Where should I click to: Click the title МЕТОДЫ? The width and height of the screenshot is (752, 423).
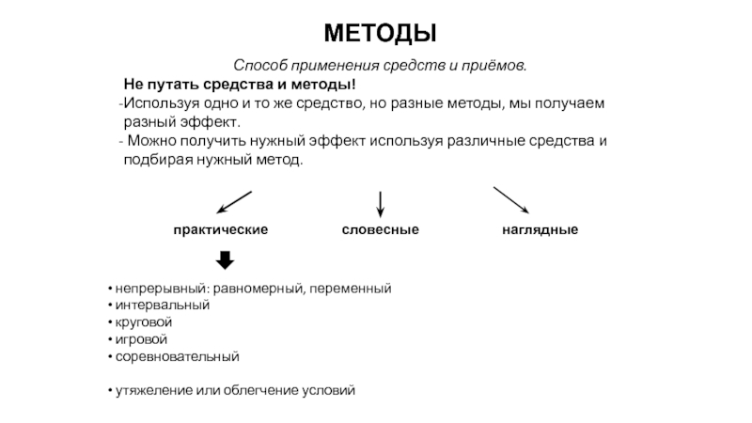[x=380, y=34]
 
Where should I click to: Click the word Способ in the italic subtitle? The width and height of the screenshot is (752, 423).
[x=260, y=65]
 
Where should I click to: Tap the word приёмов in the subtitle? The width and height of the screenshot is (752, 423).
[x=494, y=65]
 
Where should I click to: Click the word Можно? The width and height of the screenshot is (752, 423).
[x=149, y=141]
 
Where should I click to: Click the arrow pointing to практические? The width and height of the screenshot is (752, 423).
[x=234, y=202]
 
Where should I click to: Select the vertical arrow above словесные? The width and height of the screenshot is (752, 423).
[x=381, y=204]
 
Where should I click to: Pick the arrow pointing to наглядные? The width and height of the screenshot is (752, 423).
[x=511, y=200]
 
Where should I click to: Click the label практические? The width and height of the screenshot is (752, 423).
[x=221, y=229]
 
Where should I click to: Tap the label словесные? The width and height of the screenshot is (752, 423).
[x=381, y=229]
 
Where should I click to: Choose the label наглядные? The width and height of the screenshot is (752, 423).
[x=540, y=229]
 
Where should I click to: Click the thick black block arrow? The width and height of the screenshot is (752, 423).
[x=225, y=260]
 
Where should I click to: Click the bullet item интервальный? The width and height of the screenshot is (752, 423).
[x=163, y=305]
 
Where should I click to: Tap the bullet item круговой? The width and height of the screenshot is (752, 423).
[x=144, y=322]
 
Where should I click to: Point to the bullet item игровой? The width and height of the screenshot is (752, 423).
[x=141, y=339]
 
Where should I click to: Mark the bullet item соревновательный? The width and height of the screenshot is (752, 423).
[x=177, y=357]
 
